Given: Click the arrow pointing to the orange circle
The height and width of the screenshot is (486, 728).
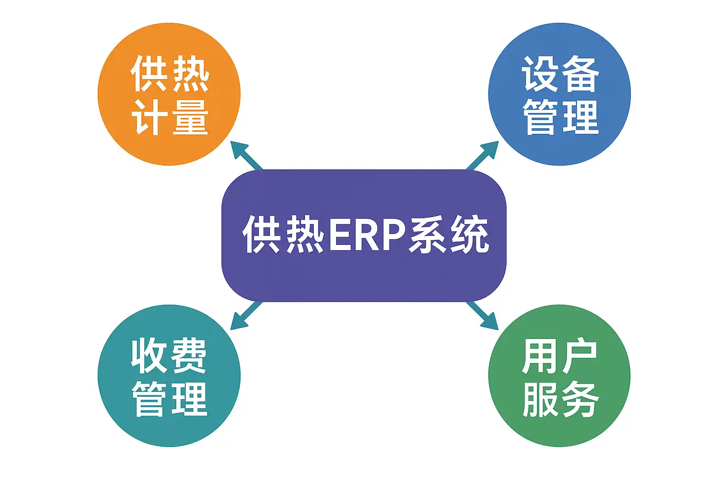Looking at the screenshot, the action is tap(246, 155).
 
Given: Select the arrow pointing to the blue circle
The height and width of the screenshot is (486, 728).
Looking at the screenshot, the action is tap(482, 155).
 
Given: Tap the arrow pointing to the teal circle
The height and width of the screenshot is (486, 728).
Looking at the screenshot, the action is tap(246, 316).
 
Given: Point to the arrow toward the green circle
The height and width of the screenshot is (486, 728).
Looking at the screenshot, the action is tap(482, 316).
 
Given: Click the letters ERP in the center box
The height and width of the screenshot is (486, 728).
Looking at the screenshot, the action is tap(368, 234).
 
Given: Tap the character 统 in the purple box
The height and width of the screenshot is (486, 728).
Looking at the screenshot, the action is tap(469, 234).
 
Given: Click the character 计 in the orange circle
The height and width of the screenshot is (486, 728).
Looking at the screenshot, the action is tap(150, 117).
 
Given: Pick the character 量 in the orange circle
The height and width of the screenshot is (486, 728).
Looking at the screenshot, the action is tap(191, 117).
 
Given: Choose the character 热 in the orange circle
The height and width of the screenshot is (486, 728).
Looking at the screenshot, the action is tap(191, 74).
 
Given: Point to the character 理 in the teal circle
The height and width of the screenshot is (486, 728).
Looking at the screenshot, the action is tap(190, 399).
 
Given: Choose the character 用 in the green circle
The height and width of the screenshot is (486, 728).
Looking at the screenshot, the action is tap(540, 356).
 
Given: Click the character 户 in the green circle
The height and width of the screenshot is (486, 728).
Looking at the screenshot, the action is tap(580, 356).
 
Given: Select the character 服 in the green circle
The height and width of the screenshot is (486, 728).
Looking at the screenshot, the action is tap(540, 399).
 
